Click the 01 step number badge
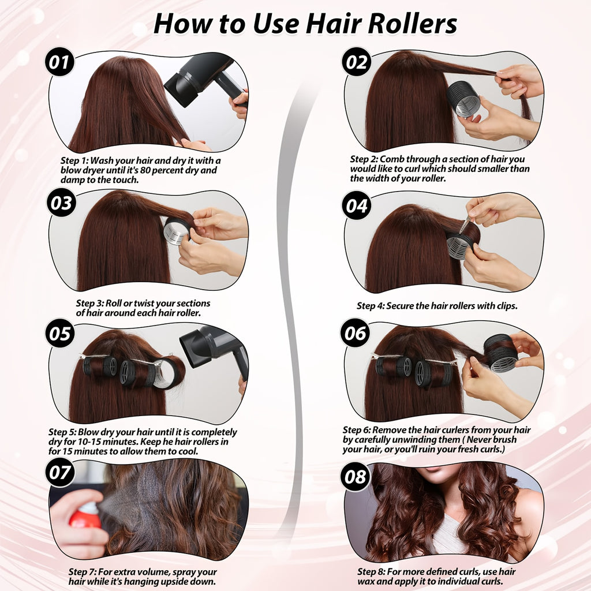click(59, 62)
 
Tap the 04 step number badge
click(357, 206)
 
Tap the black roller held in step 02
click(464, 99)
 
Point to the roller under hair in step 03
click(177, 231)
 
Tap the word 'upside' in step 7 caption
click(177, 582)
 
